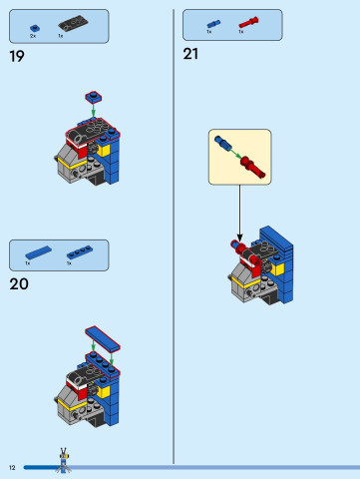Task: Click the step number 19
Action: click(16, 57)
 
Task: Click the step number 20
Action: click(18, 283)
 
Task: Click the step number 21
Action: click(191, 55)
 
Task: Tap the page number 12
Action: click(12, 467)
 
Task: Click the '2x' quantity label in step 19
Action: click(33, 36)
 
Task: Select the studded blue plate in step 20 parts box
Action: click(80, 252)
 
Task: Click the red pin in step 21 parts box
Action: click(248, 21)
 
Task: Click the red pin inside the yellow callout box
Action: click(253, 165)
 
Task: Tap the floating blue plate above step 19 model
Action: click(93, 96)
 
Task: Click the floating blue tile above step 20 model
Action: click(101, 333)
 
